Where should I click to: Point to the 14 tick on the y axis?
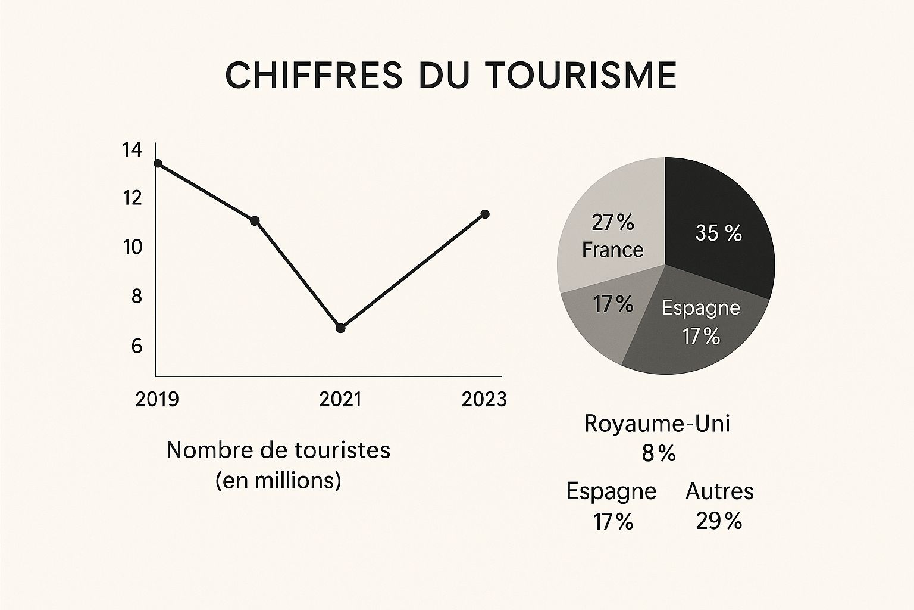132,150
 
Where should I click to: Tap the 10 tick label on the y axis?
132,247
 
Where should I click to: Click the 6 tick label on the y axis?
137,346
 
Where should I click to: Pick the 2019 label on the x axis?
157,399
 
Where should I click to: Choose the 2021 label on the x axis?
340,399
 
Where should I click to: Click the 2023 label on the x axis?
484,399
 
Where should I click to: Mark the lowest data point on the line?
340,328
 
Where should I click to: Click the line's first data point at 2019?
158,163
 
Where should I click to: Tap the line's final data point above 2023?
485,214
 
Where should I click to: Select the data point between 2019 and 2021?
255,221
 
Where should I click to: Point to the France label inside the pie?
612,250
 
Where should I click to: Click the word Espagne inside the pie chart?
701,308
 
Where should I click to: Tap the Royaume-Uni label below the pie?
657,423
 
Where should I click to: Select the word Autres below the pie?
719,491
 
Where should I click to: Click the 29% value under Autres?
719,522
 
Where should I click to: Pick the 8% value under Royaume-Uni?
658,454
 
